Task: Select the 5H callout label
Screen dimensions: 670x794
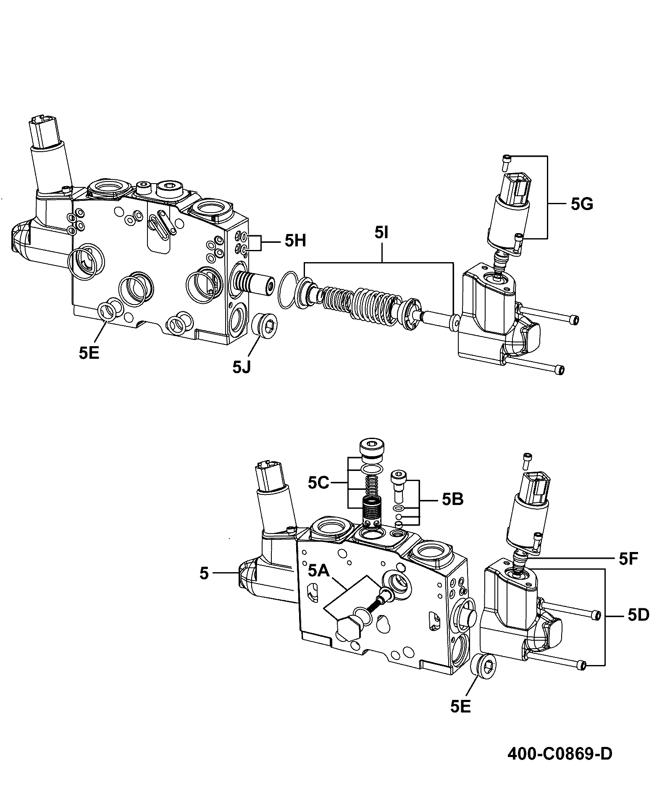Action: click(295, 241)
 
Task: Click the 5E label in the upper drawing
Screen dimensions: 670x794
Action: click(89, 353)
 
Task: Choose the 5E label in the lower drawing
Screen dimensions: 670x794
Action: click(461, 706)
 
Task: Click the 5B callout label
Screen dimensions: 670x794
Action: click(452, 500)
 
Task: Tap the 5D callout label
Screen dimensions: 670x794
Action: click(638, 615)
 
